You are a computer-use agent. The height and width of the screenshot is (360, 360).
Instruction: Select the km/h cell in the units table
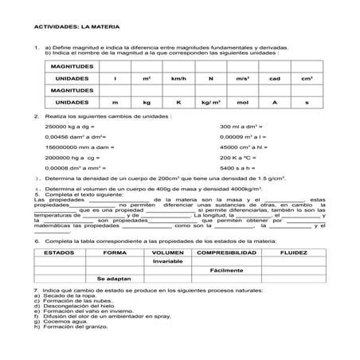point(178,79)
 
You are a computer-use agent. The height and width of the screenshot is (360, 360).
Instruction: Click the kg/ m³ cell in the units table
point(211,103)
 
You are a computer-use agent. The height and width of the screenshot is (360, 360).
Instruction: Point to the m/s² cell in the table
point(243,79)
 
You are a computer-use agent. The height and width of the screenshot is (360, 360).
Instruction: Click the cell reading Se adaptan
point(113,280)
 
